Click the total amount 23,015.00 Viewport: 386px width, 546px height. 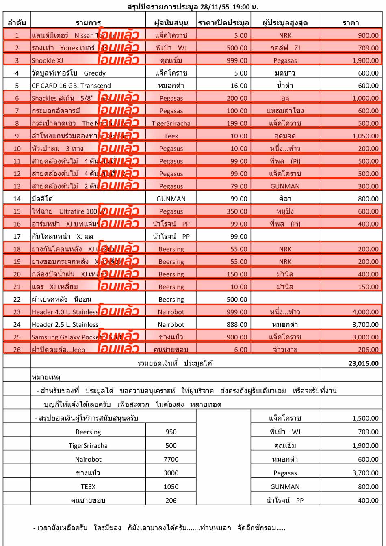(363, 363)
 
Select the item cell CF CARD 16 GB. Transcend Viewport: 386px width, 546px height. (71, 86)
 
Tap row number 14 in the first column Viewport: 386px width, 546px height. (17, 199)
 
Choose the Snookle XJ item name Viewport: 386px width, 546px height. (48, 60)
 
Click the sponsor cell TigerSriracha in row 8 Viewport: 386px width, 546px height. (171, 123)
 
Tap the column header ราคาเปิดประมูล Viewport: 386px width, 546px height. (223, 23)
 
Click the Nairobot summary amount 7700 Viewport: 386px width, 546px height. (171, 459)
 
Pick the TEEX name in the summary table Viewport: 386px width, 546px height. (88, 487)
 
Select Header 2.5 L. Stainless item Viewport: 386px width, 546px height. (65, 325)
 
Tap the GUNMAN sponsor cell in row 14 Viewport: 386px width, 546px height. (171, 199)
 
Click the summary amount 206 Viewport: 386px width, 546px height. (171, 501)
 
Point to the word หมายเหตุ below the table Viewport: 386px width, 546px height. (46, 377)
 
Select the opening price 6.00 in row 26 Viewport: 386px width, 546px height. (241, 350)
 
